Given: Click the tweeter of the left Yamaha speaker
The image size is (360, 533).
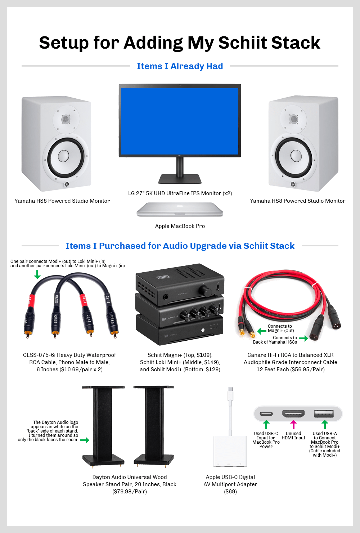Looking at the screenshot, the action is pos(66,119).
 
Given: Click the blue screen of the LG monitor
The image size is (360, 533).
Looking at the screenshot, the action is pos(180,121).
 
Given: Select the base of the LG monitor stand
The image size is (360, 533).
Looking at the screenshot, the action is pos(180,179).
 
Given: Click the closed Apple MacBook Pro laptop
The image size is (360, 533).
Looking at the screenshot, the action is pos(180,209).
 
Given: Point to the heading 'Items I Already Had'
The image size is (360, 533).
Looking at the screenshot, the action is pos(180,66).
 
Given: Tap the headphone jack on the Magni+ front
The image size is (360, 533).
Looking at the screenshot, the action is pos(166,297).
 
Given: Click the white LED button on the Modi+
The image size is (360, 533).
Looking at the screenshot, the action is pos(203,330).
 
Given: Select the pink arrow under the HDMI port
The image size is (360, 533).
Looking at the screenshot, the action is pos(293,425).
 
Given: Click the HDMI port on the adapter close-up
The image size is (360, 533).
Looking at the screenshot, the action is pos(293,414).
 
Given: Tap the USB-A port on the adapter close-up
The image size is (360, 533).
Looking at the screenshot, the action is pos(324,414).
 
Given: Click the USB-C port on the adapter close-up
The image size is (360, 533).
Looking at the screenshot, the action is pos(266,414).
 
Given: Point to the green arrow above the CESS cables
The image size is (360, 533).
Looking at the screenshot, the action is pos(37,274).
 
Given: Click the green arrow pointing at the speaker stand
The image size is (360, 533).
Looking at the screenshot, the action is pos(84,440).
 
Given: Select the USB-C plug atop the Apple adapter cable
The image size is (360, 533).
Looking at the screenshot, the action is pos(230,394).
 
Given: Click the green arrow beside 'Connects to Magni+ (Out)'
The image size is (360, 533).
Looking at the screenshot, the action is pos(262,331).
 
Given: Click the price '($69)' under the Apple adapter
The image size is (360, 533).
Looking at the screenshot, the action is pos(230,491).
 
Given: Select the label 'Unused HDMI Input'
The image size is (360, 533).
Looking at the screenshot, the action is pos(293,435).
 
